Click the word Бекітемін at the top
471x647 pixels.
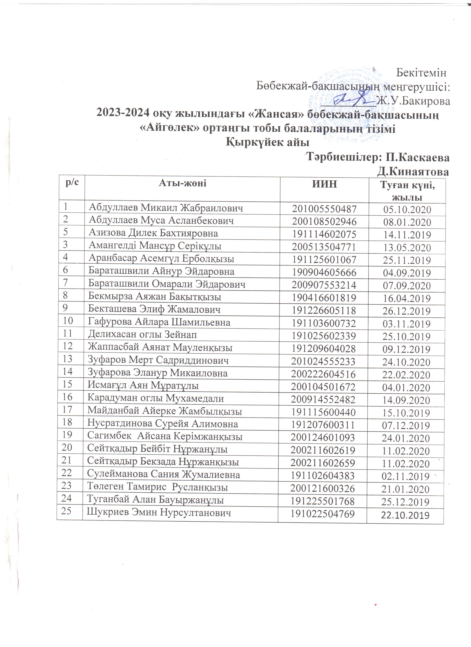(421, 73)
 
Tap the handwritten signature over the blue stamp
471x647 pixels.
(354, 100)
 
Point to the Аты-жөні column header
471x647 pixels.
(182, 183)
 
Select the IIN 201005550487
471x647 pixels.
(324, 209)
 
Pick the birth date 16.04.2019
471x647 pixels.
(407, 298)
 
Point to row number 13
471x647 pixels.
(68, 359)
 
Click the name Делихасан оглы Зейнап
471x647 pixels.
(142, 334)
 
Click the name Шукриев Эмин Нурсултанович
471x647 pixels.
(159, 513)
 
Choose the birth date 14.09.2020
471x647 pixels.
(406, 400)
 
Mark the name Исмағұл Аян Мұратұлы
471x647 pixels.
(143, 385)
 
